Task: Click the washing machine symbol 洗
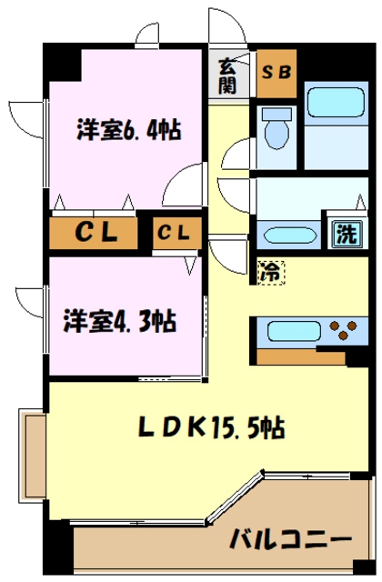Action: [345, 233]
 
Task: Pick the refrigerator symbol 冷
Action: [270, 270]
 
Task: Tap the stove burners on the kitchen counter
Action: [346, 329]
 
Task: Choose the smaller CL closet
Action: [176, 234]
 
